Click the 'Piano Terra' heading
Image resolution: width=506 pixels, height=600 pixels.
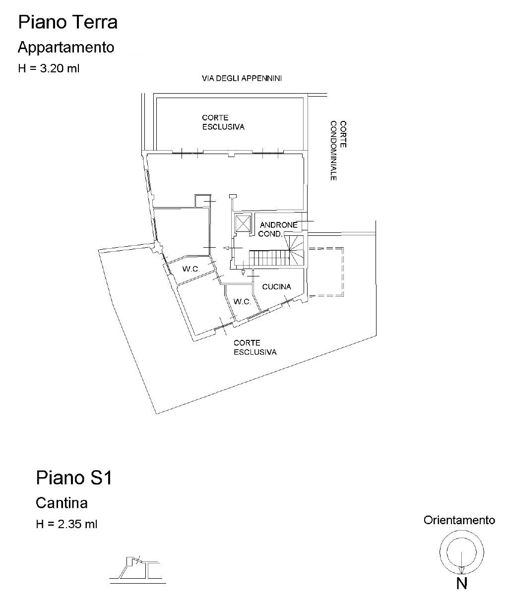pos(68,22)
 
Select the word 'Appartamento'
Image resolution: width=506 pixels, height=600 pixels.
pos(66,48)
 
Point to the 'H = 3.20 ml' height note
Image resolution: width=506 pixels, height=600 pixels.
pos(49,69)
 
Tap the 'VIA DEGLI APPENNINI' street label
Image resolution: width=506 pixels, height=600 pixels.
pos(242,78)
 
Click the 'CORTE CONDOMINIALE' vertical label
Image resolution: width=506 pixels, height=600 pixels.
pos(338,151)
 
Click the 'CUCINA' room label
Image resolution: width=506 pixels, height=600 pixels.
pos(276,286)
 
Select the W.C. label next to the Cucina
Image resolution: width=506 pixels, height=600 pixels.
pos(242,302)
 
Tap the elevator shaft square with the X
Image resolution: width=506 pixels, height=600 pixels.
pos(243,223)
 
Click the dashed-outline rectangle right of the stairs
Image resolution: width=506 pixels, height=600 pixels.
pos(326,272)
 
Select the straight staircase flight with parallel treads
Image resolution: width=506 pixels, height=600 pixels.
pos(269,258)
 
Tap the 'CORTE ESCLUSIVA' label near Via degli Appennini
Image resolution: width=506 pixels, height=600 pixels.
pos(223,122)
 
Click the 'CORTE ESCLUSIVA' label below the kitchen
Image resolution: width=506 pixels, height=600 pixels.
pos(255,347)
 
